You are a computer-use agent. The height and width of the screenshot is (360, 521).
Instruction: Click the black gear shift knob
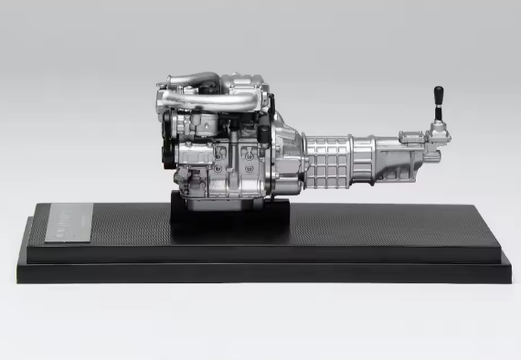[x=439, y=95]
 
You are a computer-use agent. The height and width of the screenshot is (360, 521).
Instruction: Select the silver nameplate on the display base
[x=63, y=223]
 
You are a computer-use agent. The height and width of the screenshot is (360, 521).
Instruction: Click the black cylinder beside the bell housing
[x=265, y=137]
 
